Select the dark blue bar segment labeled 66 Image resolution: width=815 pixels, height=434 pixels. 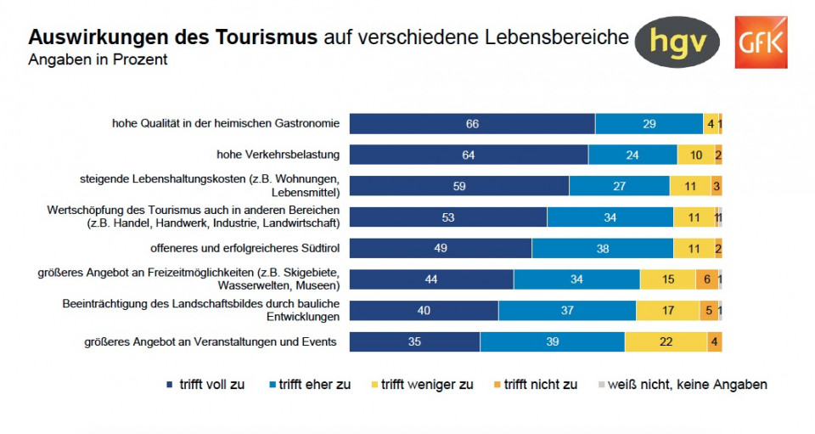click(472, 124)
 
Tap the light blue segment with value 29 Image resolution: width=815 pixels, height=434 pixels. click(649, 124)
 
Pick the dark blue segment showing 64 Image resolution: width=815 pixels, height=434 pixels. click(469, 155)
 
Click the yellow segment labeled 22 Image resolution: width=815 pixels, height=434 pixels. click(666, 342)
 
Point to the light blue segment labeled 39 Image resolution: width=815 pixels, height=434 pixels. click(553, 342)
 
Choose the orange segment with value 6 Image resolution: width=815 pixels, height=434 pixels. click(706, 279)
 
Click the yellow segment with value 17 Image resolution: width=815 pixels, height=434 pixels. click(668, 311)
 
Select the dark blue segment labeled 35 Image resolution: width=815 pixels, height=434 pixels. click(414, 342)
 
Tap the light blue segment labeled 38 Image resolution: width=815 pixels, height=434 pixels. click(603, 249)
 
